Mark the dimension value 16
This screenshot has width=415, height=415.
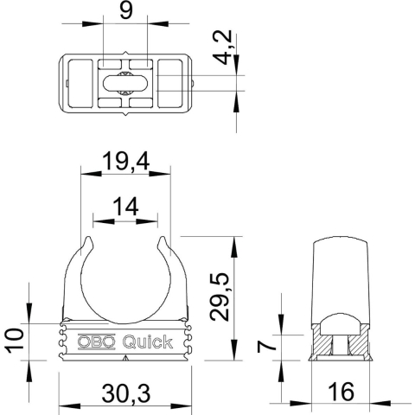(341, 393)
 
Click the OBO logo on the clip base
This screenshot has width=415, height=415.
(96, 342)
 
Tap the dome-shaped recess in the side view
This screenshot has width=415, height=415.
(341, 325)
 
